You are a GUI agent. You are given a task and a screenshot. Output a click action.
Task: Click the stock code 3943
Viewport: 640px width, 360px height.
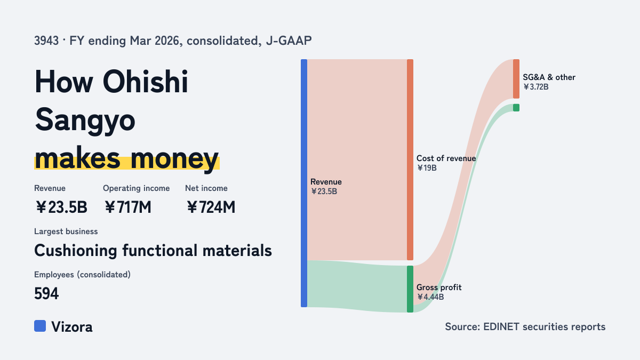(46, 41)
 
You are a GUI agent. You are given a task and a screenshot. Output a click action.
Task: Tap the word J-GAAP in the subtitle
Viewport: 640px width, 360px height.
(289, 41)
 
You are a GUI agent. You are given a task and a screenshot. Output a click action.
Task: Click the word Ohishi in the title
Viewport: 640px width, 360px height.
(145, 82)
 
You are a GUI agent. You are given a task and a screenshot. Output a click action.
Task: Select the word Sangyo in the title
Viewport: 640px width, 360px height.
(85, 121)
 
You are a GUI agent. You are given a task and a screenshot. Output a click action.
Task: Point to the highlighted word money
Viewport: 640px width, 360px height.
(174, 158)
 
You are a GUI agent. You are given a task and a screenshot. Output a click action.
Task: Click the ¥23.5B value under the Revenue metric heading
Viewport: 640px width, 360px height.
(61, 207)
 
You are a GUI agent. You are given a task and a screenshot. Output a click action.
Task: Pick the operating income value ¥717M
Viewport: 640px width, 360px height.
(127, 207)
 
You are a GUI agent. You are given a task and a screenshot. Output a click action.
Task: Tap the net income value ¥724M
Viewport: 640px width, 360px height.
(211, 207)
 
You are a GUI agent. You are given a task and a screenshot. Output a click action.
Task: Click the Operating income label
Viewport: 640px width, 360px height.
(137, 188)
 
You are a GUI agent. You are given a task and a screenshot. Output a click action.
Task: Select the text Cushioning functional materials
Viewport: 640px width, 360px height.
(153, 251)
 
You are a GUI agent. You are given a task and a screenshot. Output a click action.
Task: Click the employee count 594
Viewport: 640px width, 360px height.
(46, 293)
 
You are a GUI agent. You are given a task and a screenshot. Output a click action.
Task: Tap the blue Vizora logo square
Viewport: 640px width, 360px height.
(40, 326)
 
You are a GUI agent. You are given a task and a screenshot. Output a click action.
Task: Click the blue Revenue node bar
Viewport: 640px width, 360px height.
(304, 183)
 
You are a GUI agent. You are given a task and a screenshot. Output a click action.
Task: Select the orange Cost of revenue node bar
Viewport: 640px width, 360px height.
(410, 159)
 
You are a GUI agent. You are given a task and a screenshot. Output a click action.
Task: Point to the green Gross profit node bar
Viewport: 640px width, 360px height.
(410, 289)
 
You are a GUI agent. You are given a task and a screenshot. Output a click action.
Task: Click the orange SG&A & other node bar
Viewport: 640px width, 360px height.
(516, 79)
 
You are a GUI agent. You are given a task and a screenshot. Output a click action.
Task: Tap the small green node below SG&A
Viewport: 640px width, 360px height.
(516, 108)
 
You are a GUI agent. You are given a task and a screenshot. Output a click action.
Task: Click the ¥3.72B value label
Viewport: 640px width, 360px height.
(535, 87)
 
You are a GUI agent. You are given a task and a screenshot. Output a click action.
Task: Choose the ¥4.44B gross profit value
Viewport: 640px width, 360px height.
(430, 297)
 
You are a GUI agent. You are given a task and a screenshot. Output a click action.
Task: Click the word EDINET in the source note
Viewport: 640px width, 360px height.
(501, 326)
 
